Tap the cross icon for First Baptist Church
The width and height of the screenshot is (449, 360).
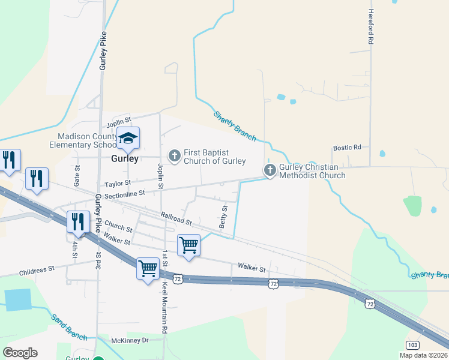pyautogui.click(x=175, y=156)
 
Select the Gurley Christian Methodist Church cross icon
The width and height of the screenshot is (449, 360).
pyautogui.click(x=270, y=171)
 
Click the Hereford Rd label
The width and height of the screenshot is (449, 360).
pyautogui.click(x=372, y=27)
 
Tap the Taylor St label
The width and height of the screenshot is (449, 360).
pyautogui.click(x=118, y=184)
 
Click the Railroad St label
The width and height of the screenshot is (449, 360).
pyautogui.click(x=176, y=218)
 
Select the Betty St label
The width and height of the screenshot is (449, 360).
pyautogui.click(x=224, y=215)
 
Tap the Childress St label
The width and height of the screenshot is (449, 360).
pyautogui.click(x=37, y=271)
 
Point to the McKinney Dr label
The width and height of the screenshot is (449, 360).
pyautogui.click(x=130, y=340)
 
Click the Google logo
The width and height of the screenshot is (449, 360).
pyautogui.click(x=20, y=353)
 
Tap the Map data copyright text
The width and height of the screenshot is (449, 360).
pyautogui.click(x=424, y=355)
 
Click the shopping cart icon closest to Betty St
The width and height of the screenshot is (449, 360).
pyautogui.click(x=188, y=245)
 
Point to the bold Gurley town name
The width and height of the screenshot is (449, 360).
pyautogui.click(x=125, y=159)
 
